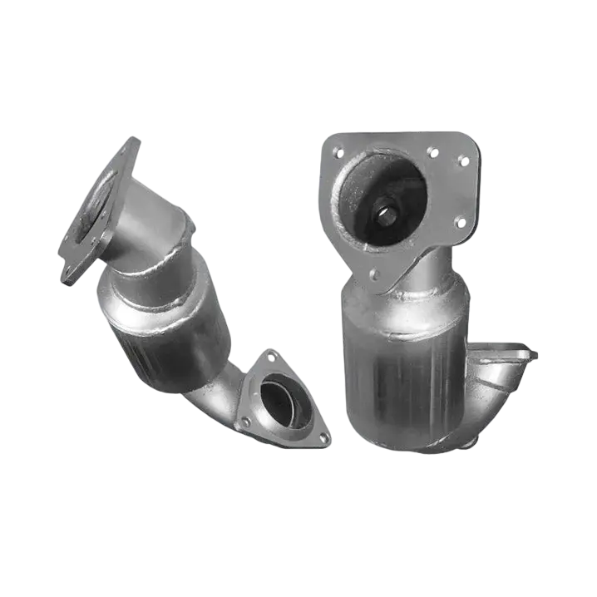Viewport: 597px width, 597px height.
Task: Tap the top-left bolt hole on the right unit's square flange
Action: [x=337, y=152]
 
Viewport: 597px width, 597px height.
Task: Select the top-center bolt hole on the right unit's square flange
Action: [x=432, y=151]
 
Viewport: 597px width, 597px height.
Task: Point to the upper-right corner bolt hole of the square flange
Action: [x=463, y=160]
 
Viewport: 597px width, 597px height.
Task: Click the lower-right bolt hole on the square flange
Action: [x=459, y=222]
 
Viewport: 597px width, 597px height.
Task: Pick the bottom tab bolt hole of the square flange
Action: [x=373, y=273]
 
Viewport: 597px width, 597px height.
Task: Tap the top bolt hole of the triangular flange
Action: [x=272, y=356]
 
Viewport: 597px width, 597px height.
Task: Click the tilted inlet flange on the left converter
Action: [x=96, y=212]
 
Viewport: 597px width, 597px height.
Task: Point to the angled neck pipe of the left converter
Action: [x=154, y=224]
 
